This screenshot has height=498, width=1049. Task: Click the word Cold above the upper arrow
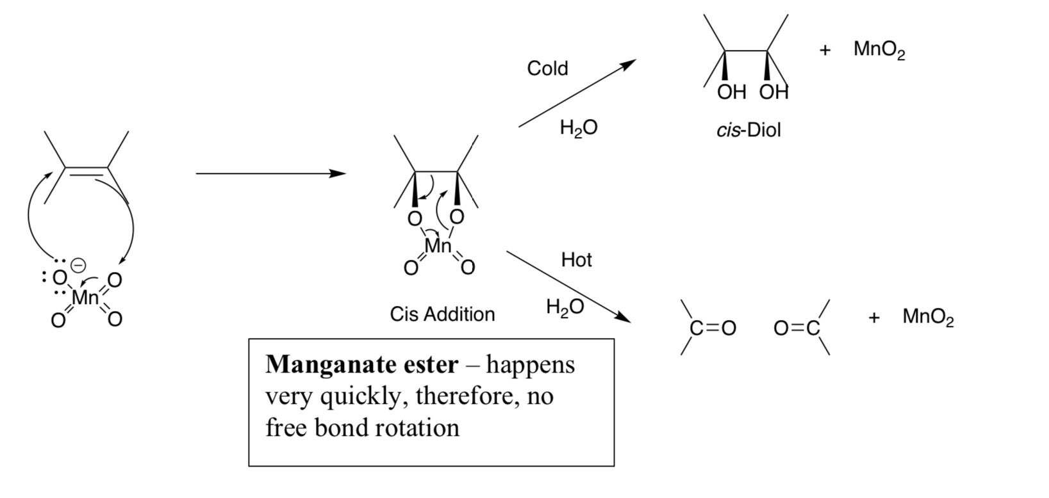coord(547,68)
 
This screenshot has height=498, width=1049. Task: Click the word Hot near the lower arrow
coord(576,260)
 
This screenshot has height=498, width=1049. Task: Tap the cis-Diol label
coord(748,131)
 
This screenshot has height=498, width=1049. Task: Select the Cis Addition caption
coord(442,314)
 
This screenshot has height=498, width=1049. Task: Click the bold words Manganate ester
coord(362,365)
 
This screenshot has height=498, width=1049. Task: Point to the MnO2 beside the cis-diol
coord(879,50)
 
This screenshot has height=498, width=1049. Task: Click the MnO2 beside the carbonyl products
coord(928,317)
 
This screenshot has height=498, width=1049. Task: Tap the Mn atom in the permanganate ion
coord(85,298)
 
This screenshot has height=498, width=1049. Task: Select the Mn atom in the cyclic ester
coord(438,246)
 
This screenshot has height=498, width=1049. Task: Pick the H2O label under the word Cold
coord(578,128)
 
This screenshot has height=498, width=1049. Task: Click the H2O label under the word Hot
coord(565,307)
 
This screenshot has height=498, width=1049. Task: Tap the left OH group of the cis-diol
coord(731,93)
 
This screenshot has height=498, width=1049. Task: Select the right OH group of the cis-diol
coord(773,93)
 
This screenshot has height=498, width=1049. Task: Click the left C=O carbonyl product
coord(712,328)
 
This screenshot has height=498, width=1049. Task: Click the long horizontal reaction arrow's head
coord(339,173)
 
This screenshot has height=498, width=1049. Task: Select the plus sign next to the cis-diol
coord(825,51)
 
